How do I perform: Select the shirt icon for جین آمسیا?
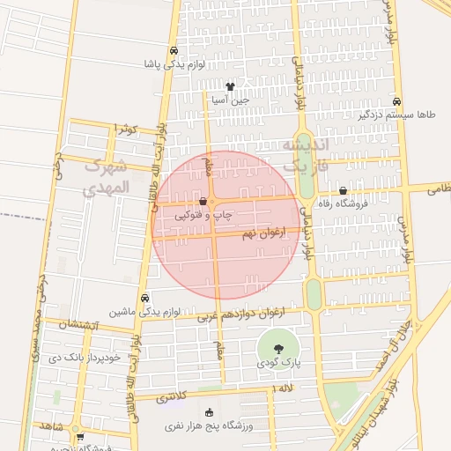click(230, 86)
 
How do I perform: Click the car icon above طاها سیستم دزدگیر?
click(397, 101)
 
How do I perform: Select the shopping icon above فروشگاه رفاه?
click(343, 191)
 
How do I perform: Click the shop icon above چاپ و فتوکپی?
click(203, 201)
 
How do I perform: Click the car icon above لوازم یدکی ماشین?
click(144, 298)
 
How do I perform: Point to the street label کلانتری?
click(172, 397)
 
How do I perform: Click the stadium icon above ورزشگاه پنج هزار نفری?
click(209, 412)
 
